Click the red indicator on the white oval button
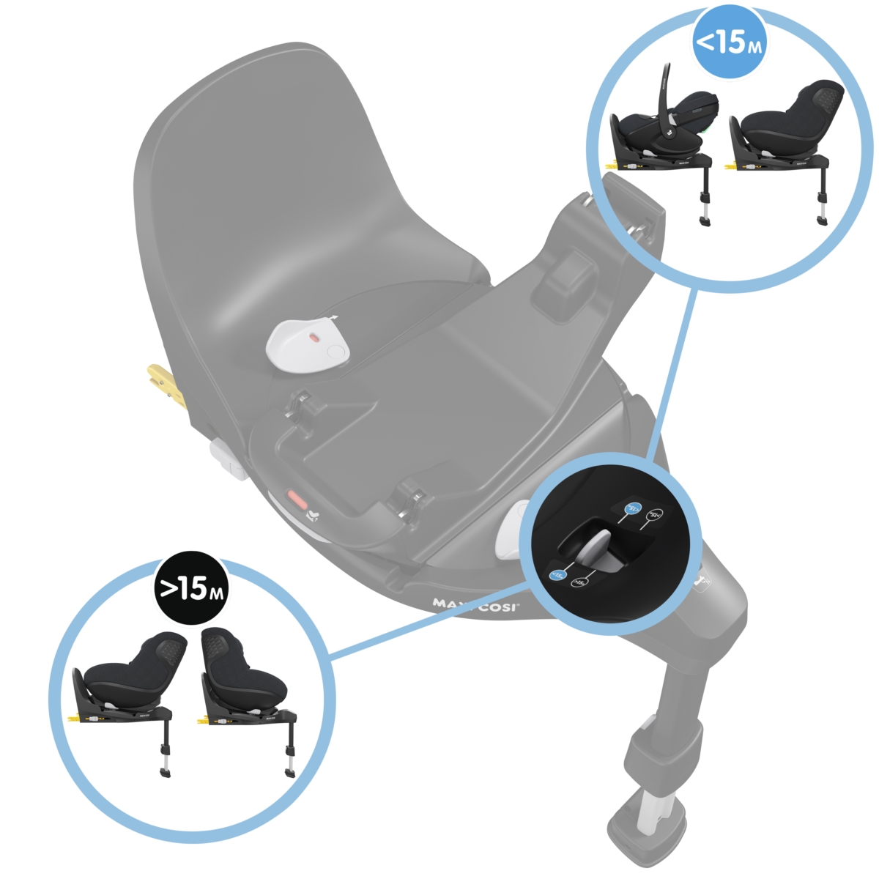tap(314, 338)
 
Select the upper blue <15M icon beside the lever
tap(631, 508)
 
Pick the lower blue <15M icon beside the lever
tap(557, 576)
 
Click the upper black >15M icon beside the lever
tap(656, 515)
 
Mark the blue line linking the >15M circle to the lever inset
tap(432, 619)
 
